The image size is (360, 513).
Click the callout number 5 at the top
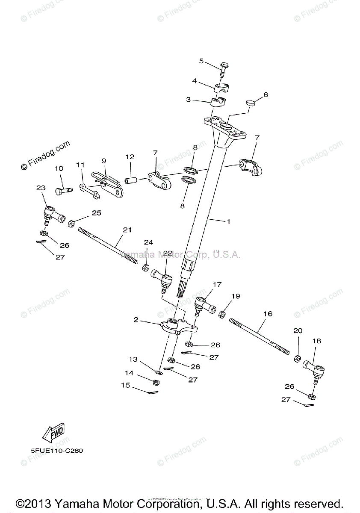pyautogui.click(x=201, y=61)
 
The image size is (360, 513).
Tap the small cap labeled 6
pyautogui.click(x=251, y=103)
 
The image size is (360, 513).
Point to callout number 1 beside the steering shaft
pyautogui.click(x=228, y=221)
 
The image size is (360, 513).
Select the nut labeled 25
pyautogui.click(x=71, y=223)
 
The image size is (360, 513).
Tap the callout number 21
pyautogui.click(x=127, y=230)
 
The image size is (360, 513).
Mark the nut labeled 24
pyautogui.click(x=145, y=268)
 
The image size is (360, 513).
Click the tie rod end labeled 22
pyautogui.click(x=163, y=278)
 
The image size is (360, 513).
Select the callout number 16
pyautogui.click(x=268, y=314)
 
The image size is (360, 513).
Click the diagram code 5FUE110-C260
pyautogui.click(x=53, y=451)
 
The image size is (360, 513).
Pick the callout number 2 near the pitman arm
pyautogui.click(x=136, y=319)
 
